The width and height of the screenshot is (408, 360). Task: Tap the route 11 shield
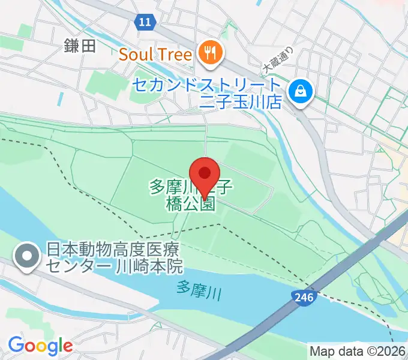143,22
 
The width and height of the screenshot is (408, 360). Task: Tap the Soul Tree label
155,55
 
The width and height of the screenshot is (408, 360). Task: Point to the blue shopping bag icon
298,91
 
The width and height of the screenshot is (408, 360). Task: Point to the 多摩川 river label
199,290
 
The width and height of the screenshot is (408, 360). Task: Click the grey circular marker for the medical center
28,256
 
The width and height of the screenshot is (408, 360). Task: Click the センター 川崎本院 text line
115,265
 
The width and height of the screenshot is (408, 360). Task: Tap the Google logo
40,346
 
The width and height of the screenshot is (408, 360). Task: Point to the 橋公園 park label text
190,203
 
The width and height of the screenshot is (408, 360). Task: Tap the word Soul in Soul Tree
136,55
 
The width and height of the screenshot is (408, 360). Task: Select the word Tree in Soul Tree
175,55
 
